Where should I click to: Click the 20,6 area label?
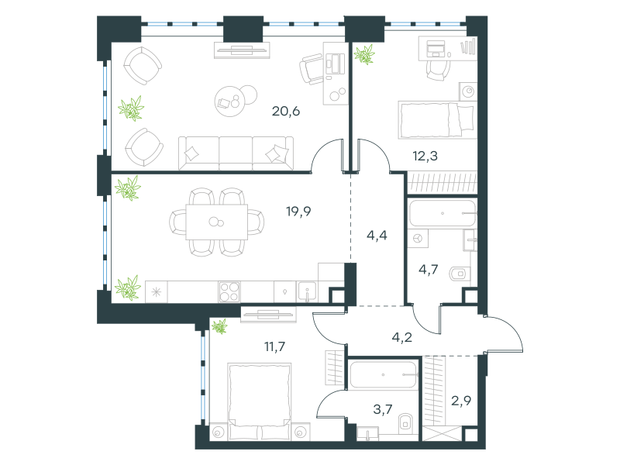(285, 112)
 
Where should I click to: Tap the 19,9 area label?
(298, 212)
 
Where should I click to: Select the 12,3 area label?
(425, 157)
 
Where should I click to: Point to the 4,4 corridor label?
(377, 236)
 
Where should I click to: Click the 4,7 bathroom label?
(429, 270)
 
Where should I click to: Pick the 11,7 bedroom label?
(274, 346)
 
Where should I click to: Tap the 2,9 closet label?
(461, 401)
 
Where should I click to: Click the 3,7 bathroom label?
(383, 409)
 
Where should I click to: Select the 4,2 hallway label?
(401, 337)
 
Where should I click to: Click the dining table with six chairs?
(217, 222)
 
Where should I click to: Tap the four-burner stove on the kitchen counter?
(229, 292)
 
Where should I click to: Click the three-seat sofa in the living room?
(236, 153)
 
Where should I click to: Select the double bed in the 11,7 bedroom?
(260, 401)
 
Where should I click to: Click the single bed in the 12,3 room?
(436, 120)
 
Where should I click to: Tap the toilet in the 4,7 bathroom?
(460, 274)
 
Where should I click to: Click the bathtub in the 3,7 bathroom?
(384, 374)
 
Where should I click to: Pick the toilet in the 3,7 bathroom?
(405, 423)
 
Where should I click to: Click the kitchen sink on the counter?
(307, 292)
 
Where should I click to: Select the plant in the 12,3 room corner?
(364, 54)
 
